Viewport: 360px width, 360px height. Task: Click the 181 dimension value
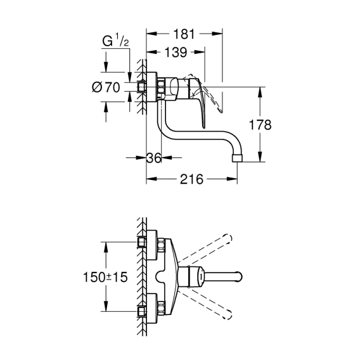184,34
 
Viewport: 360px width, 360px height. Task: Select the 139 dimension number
176,53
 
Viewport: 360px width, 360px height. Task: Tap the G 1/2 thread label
115,41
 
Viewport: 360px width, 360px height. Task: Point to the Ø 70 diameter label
106,87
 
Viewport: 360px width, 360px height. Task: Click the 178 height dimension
260,125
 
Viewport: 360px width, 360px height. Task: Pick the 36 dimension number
154,158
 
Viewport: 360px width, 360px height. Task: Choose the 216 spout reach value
191,179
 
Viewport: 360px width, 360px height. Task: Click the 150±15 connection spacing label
105,277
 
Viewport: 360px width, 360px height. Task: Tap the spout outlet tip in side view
237,158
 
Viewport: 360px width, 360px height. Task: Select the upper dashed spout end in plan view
228,239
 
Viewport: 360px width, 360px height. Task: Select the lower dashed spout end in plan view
227,315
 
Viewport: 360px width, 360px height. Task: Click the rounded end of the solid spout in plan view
239,277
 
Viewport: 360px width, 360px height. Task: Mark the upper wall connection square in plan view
142,242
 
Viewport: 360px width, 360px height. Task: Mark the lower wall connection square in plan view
142,311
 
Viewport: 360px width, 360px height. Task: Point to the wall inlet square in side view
142,87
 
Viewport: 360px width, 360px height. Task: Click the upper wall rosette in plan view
151,245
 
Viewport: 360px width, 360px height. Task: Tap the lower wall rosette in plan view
151,308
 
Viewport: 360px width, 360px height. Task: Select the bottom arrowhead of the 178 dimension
260,157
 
